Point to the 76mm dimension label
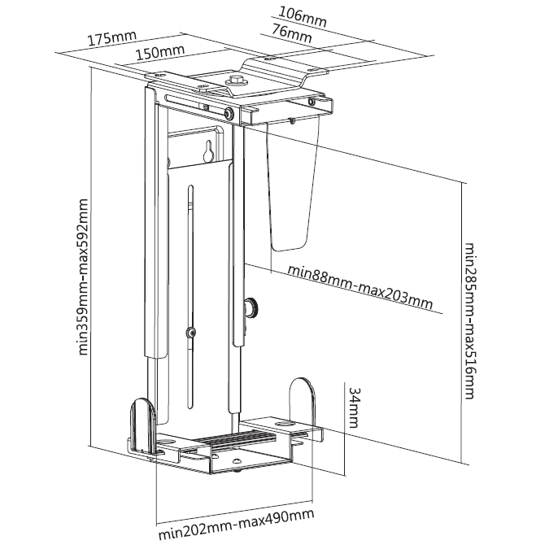tap(291, 34)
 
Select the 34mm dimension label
tap(355, 409)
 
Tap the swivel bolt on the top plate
tap(237, 81)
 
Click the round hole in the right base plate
tap(284, 424)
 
